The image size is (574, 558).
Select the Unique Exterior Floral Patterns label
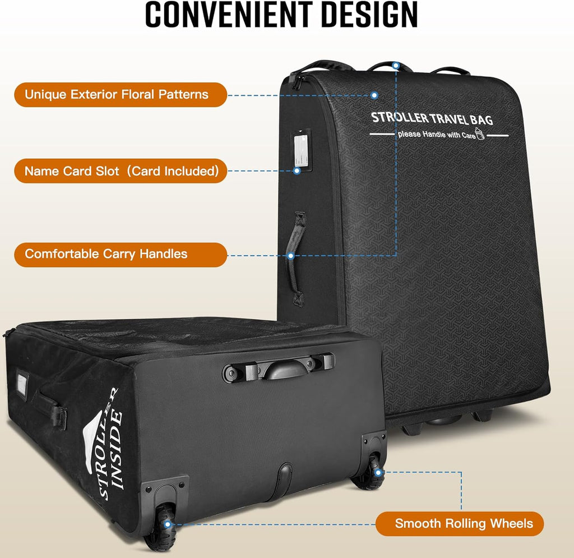pyautogui.click(x=117, y=94)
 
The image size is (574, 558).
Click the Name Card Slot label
pyautogui.click(x=122, y=171)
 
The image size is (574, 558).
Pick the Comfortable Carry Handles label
pyautogui.click(x=106, y=254)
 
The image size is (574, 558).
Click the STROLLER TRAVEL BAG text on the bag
pyautogui.click(x=432, y=119)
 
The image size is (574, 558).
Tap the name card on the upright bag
pyautogui.click(x=301, y=150)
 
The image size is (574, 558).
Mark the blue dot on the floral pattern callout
pyautogui.click(x=374, y=95)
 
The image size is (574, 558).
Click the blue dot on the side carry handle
pyautogui.click(x=291, y=256)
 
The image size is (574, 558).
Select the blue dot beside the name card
pyautogui.click(x=297, y=170)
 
